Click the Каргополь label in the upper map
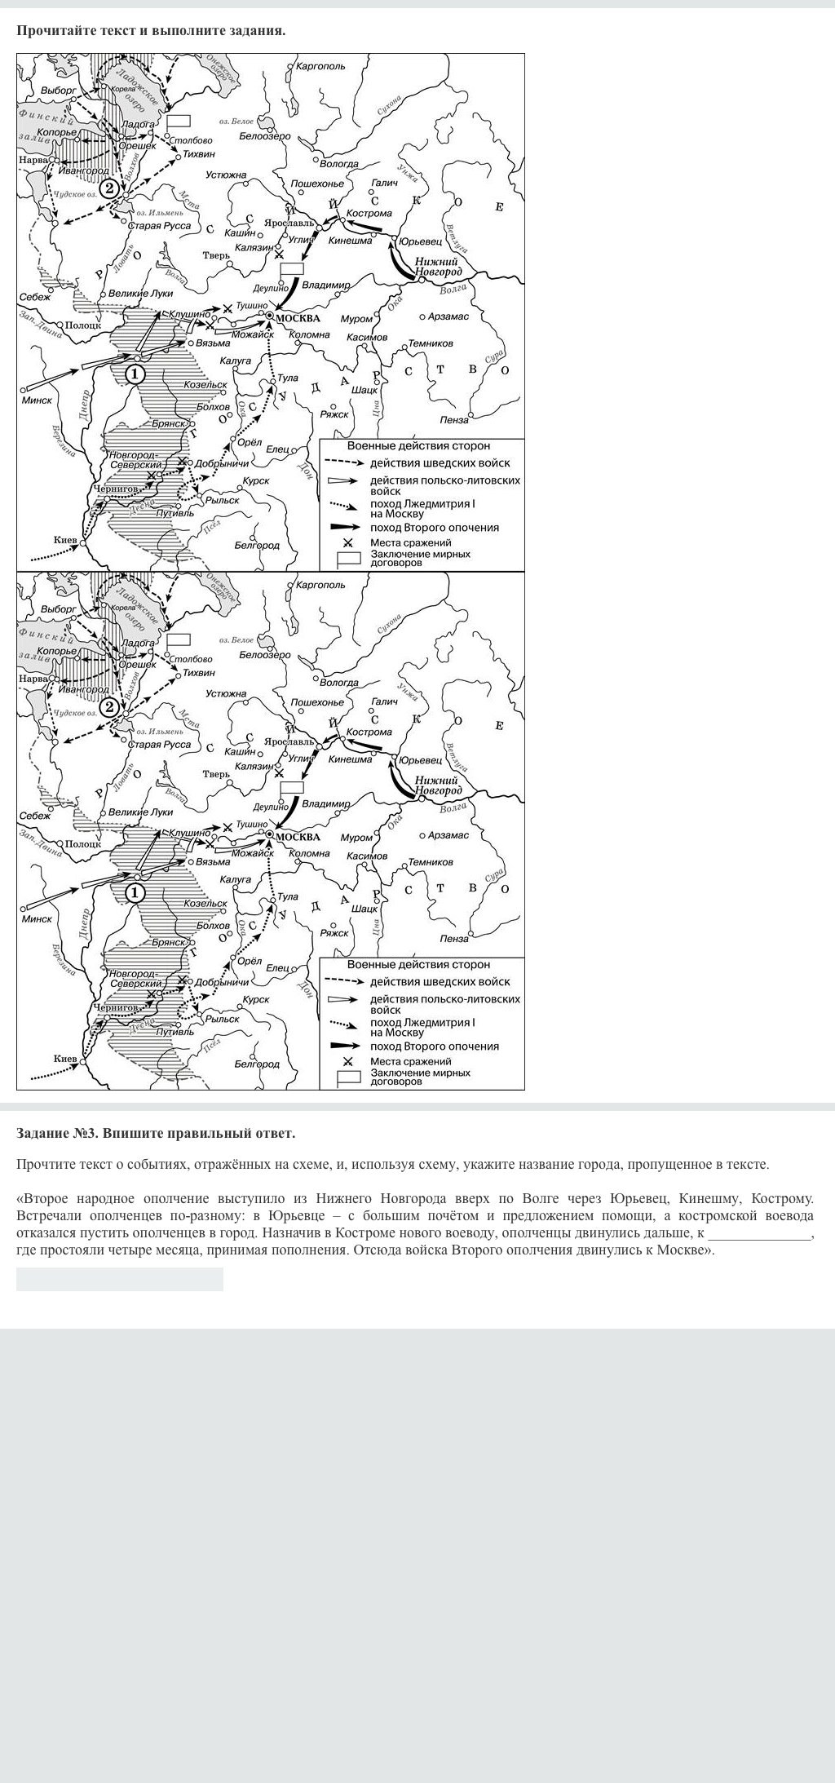point(320,66)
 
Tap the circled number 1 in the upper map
point(135,374)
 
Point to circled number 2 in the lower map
point(108,707)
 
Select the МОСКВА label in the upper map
point(298,318)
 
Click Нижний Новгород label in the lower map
point(438,785)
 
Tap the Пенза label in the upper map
point(454,420)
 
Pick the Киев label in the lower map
point(65,1059)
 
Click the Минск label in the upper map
point(37,400)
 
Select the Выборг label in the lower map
point(58,608)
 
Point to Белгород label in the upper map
point(257,545)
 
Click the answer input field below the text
point(120,1279)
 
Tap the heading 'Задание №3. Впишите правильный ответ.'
point(156,1133)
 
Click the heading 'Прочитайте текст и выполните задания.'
point(151,30)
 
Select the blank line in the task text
point(759,1233)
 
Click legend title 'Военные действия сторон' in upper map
point(418,446)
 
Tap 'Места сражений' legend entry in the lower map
point(410,1061)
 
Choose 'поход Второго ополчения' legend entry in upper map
point(434,528)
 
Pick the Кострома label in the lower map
point(369,732)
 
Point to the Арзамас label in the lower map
point(448,835)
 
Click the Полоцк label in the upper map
point(82,325)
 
